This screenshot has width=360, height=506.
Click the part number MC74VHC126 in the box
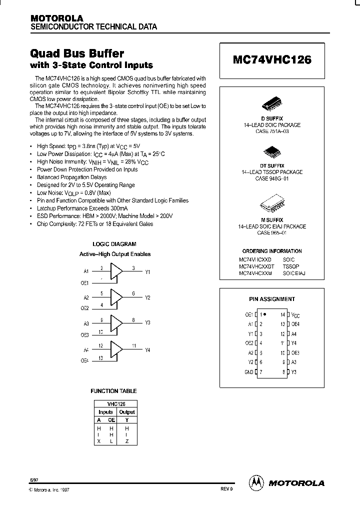(x=272, y=59)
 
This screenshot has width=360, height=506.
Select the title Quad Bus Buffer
(x=77, y=53)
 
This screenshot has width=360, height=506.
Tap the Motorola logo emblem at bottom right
(x=255, y=482)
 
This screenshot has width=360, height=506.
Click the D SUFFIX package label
(x=272, y=118)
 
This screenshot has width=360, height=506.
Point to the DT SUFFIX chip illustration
(x=272, y=151)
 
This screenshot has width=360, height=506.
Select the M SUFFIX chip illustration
(x=272, y=205)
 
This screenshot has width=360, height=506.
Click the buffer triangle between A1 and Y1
(x=116, y=272)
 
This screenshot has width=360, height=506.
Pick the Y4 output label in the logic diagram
(x=147, y=350)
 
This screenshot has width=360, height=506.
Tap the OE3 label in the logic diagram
(x=84, y=335)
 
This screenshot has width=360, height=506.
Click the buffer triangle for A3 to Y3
(x=116, y=323)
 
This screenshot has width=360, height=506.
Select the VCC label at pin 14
(x=295, y=315)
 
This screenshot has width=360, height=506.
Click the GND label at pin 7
(x=249, y=371)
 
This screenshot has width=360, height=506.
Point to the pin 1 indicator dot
(x=264, y=314)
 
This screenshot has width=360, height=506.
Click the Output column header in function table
(x=127, y=412)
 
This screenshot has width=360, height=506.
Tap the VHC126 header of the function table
(x=115, y=403)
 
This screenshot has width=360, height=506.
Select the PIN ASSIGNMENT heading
(x=272, y=299)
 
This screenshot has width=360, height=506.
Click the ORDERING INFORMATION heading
(x=272, y=251)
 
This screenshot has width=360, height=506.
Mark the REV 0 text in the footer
(x=226, y=489)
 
